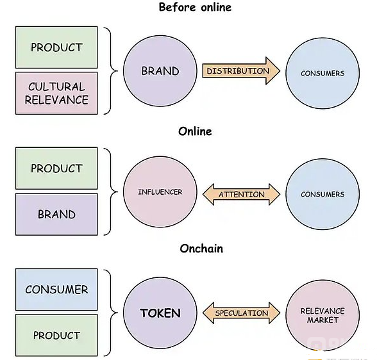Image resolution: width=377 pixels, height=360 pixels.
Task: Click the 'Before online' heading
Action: pos(195,7)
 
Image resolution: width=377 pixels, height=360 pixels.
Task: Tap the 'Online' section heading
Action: pos(195,131)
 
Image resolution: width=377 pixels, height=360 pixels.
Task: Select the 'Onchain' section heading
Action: pos(201,249)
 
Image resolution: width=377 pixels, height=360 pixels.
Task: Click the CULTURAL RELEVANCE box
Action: pos(56,93)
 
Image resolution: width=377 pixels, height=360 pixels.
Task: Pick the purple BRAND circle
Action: pos(160,71)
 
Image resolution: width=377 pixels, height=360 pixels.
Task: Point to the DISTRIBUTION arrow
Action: pos(241,71)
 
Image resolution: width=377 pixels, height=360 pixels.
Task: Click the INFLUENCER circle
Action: pos(160,192)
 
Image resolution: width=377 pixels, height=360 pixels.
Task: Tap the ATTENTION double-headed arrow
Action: pos(241,194)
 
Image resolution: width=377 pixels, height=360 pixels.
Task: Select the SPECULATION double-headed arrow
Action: pos(241,313)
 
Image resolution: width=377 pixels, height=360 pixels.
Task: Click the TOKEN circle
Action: pos(160,313)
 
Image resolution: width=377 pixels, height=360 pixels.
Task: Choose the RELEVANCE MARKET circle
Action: pos(323,316)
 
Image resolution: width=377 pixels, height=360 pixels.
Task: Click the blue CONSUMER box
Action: pos(56,290)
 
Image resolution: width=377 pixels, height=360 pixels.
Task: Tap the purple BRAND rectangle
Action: pos(56,214)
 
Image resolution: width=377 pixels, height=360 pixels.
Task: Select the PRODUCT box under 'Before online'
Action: pos(56,47)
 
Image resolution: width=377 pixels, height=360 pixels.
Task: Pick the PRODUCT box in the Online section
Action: pos(56,168)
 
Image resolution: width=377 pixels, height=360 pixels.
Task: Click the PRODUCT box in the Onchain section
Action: pos(56,335)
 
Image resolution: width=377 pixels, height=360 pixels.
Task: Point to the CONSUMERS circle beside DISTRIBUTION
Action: pos(323,73)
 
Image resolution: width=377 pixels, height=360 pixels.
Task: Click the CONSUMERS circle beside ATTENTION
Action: pos(323,194)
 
